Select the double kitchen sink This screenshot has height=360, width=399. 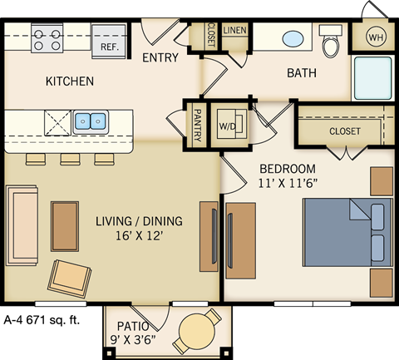(89, 122)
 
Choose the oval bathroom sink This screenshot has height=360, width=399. (293, 39)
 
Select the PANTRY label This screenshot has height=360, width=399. (198, 124)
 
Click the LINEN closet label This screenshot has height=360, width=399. (235, 31)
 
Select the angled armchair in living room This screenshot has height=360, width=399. (69, 276)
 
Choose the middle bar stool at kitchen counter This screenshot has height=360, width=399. (70, 159)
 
